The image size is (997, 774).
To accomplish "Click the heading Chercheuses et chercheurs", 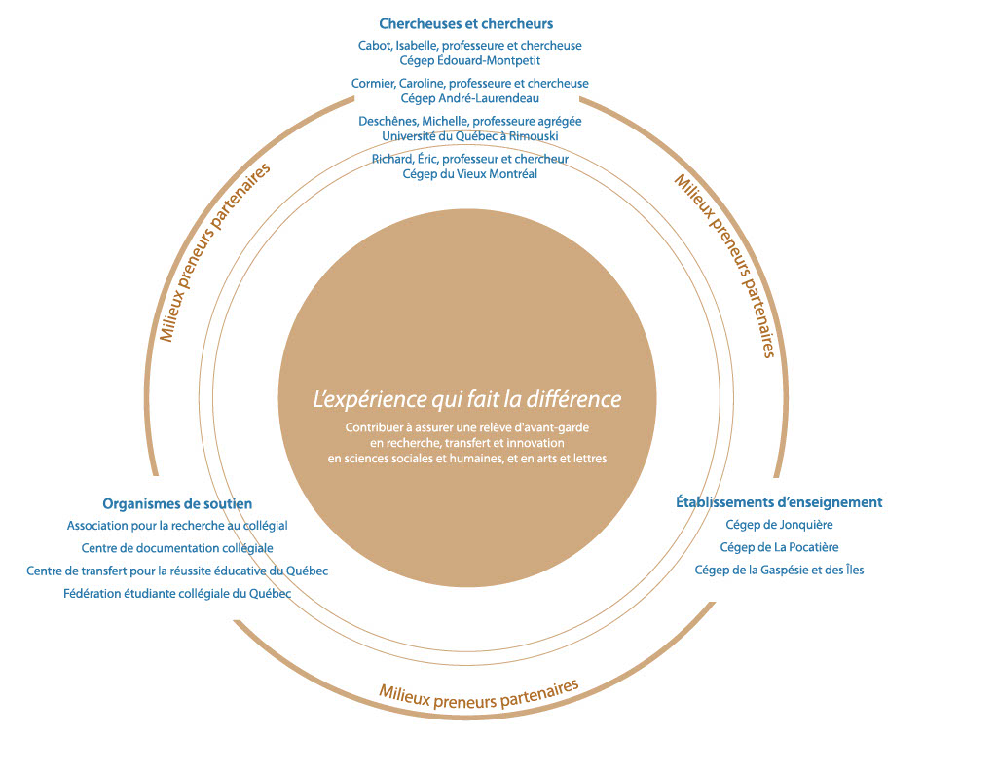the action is coord(466,24).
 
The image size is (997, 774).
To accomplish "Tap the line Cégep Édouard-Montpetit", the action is coord(470,61).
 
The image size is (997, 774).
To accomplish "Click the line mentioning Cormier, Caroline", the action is coord(470,84).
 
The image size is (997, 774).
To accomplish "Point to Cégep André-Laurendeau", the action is coord(470,98).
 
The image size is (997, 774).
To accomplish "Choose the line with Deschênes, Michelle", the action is coord(470,121).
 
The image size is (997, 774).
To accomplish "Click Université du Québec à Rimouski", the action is coord(470,136).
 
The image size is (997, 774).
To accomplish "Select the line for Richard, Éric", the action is coord(470,159).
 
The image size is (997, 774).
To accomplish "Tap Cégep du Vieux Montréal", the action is coord(470,174).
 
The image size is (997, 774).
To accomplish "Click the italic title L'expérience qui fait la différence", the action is coord(467,399).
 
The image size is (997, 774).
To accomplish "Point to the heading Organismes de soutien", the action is coord(177,503).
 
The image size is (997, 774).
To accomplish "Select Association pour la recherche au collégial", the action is coord(177,526).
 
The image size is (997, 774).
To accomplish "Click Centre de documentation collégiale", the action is coord(177,548).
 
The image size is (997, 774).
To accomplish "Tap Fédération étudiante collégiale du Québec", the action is coord(177,594).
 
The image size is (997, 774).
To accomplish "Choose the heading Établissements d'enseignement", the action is coord(779,502).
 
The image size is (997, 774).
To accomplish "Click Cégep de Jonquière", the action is coord(779,525).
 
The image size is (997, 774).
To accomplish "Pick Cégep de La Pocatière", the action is coord(779,547).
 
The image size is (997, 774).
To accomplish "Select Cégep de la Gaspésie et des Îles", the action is coord(779,570).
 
